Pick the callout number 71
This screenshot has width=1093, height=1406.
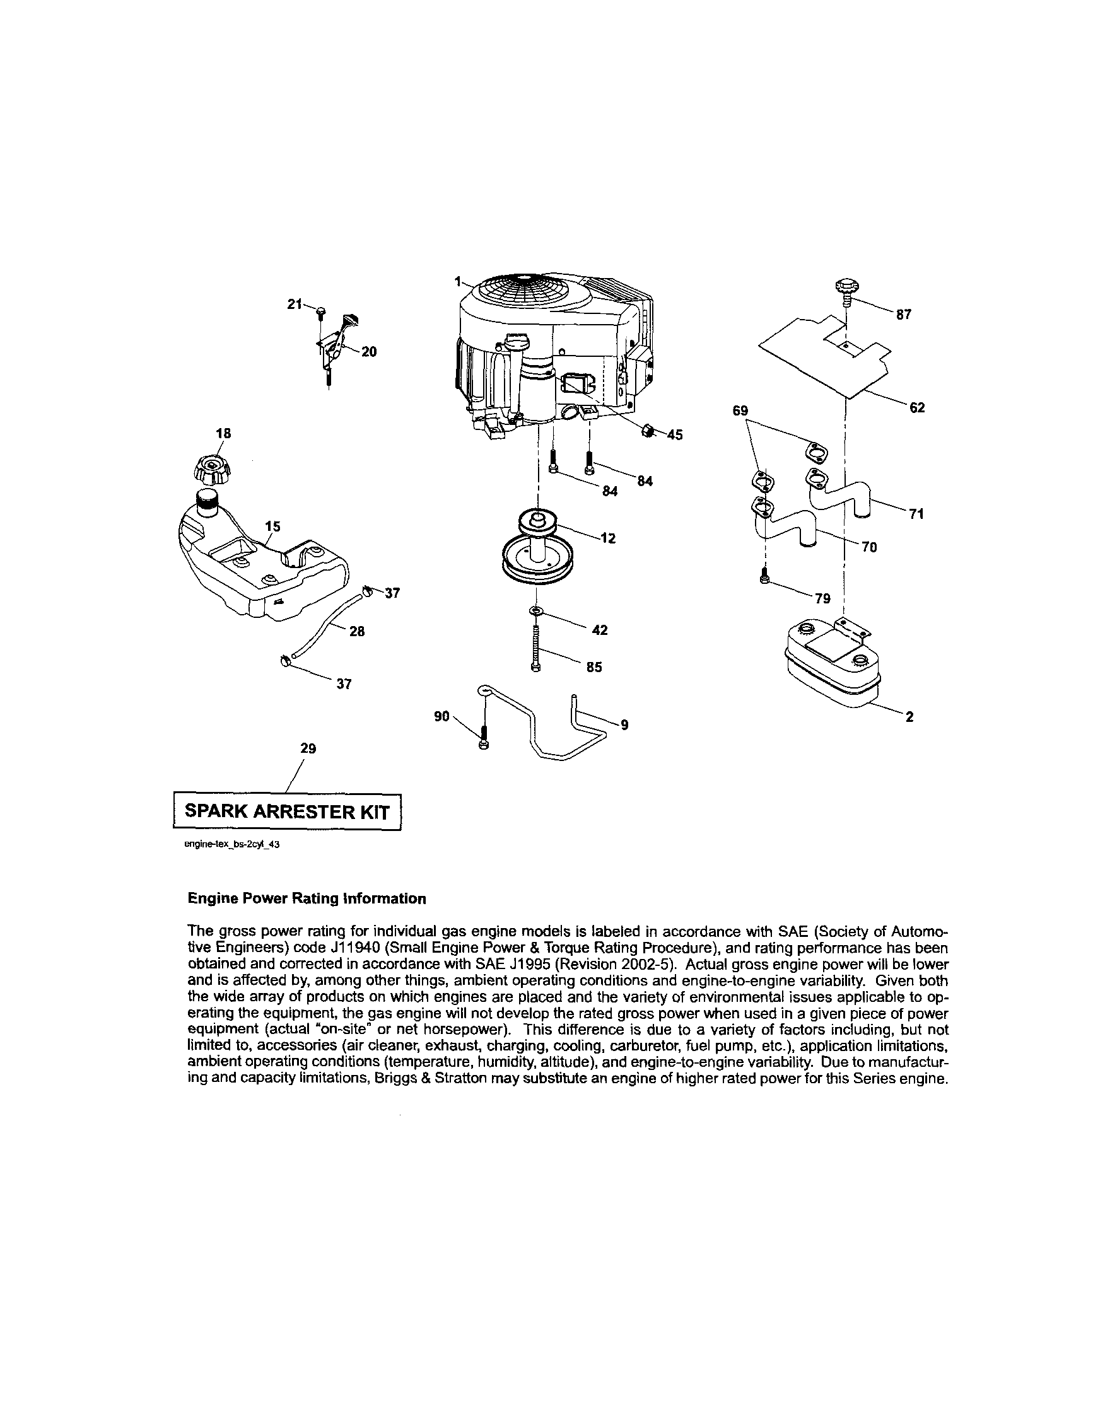tap(916, 514)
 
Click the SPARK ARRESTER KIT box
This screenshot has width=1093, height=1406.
tap(287, 811)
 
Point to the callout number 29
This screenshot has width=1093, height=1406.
tap(308, 748)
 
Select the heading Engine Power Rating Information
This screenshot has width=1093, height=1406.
tap(307, 898)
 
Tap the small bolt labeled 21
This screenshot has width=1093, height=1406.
tap(321, 312)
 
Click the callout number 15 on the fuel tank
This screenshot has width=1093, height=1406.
tap(273, 526)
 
